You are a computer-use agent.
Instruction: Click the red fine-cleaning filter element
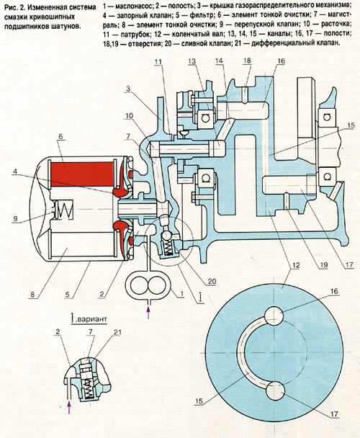click(x=83, y=174)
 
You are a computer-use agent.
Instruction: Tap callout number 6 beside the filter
click(x=60, y=136)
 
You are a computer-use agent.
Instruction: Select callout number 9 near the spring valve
click(x=15, y=218)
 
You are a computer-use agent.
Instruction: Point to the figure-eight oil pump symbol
click(x=148, y=286)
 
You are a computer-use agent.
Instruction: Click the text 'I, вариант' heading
click(x=89, y=318)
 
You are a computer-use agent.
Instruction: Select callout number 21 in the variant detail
click(x=117, y=332)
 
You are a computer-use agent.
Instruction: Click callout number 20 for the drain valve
click(x=212, y=281)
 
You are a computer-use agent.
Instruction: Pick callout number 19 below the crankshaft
click(x=323, y=264)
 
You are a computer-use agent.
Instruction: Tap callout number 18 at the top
click(x=247, y=61)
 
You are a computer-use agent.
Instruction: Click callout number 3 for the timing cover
click(x=128, y=89)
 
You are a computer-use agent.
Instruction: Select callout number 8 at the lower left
click(x=32, y=295)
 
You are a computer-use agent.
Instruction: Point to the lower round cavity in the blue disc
click(x=276, y=390)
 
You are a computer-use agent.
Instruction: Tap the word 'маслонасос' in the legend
click(x=132, y=6)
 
